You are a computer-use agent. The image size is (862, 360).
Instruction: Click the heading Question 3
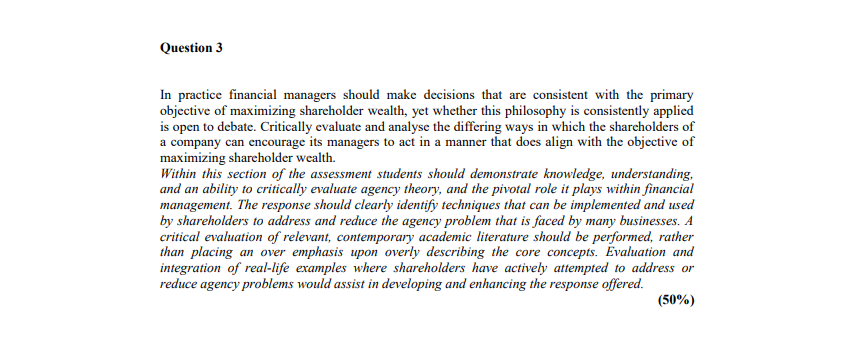[x=191, y=47]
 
